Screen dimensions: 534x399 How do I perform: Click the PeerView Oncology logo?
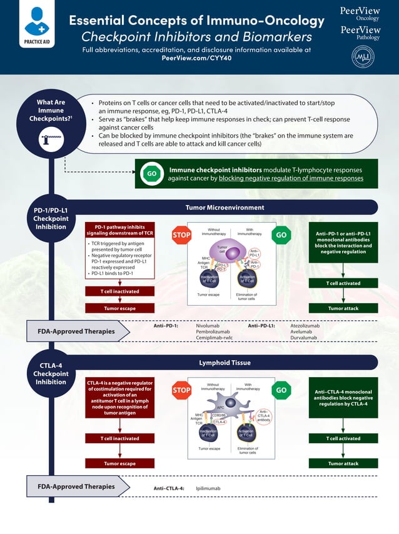360,14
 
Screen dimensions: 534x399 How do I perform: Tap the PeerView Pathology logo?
360,33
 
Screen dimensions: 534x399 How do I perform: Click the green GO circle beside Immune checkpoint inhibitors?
151,173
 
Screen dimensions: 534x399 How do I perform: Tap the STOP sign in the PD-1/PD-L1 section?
181,235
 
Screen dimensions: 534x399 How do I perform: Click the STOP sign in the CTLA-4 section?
181,391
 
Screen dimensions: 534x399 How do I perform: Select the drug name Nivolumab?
208,326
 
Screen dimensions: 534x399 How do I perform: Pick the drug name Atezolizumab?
305,326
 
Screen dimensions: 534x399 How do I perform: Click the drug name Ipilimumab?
209,488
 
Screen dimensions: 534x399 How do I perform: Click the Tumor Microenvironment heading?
225,208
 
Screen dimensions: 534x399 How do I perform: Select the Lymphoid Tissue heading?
225,363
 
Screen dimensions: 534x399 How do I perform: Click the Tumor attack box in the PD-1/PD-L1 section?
343,308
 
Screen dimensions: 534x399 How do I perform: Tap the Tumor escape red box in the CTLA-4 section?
119,463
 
